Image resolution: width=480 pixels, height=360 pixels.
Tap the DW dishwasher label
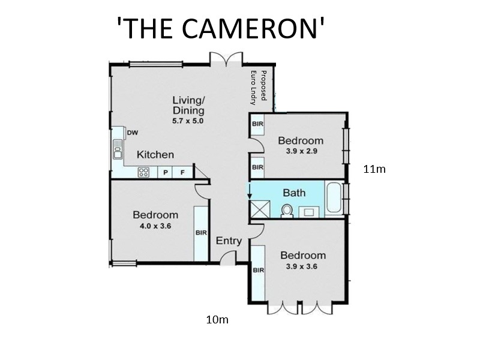pyautogui.click(x=133, y=133)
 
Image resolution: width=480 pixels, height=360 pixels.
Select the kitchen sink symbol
pyautogui.click(x=118, y=149)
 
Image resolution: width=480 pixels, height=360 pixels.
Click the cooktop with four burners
pyautogui.click(x=143, y=172)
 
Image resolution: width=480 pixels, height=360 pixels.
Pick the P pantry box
pyautogui.click(x=166, y=172)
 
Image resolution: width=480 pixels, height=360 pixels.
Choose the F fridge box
pyautogui.click(x=182, y=172)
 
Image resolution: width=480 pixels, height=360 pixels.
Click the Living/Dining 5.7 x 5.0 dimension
pyautogui.click(x=188, y=121)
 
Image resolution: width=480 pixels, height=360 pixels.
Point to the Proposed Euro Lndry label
pyautogui.click(x=258, y=86)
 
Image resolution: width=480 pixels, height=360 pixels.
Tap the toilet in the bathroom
pyautogui.click(x=287, y=211)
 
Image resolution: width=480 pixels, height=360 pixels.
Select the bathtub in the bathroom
pyautogui.click(x=334, y=198)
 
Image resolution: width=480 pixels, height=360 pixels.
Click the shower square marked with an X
pyautogui.click(x=260, y=209)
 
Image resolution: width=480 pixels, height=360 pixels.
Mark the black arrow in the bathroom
pyautogui.click(x=250, y=191)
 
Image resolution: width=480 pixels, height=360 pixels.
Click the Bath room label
pyautogui.click(x=294, y=193)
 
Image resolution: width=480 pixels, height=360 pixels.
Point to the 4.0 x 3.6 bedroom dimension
pyautogui.click(x=155, y=226)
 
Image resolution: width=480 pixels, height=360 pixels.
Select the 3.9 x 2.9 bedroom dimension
pyautogui.click(x=302, y=151)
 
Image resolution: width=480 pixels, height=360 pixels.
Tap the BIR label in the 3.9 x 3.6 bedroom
pyautogui.click(x=259, y=271)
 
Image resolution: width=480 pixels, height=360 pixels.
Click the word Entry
pyautogui.click(x=229, y=241)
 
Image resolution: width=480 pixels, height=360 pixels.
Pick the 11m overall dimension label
pyautogui.click(x=374, y=169)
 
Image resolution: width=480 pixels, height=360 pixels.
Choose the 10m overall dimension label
pyautogui.click(x=217, y=320)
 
